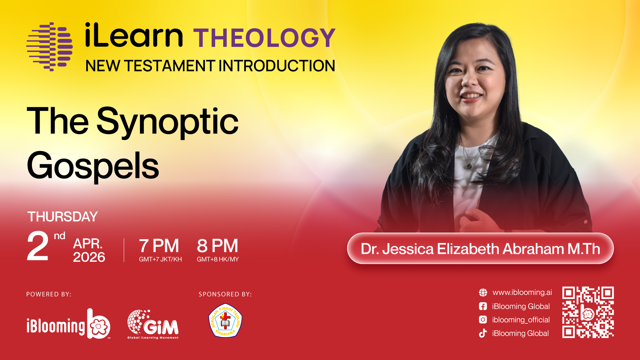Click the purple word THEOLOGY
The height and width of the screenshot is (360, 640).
264,38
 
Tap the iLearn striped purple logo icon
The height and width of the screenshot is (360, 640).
50,47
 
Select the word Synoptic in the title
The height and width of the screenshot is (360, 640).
168,122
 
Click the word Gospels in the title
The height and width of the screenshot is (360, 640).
93,166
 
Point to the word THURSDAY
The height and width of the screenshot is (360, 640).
63,217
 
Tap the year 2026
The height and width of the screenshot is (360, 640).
89,257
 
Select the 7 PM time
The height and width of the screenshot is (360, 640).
159,246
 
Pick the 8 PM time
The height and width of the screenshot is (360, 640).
218,246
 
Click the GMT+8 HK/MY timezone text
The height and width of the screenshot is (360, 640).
218,259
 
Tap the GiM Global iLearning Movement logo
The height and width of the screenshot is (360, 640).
153,324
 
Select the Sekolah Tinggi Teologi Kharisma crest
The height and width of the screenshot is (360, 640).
225,320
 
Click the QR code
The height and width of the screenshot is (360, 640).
588,312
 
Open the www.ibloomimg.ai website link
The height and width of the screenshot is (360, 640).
522,292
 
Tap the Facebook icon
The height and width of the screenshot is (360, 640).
483,306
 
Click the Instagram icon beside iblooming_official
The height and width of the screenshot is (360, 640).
483,320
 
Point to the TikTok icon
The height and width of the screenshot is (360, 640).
483,333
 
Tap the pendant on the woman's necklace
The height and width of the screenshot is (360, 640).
469,166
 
